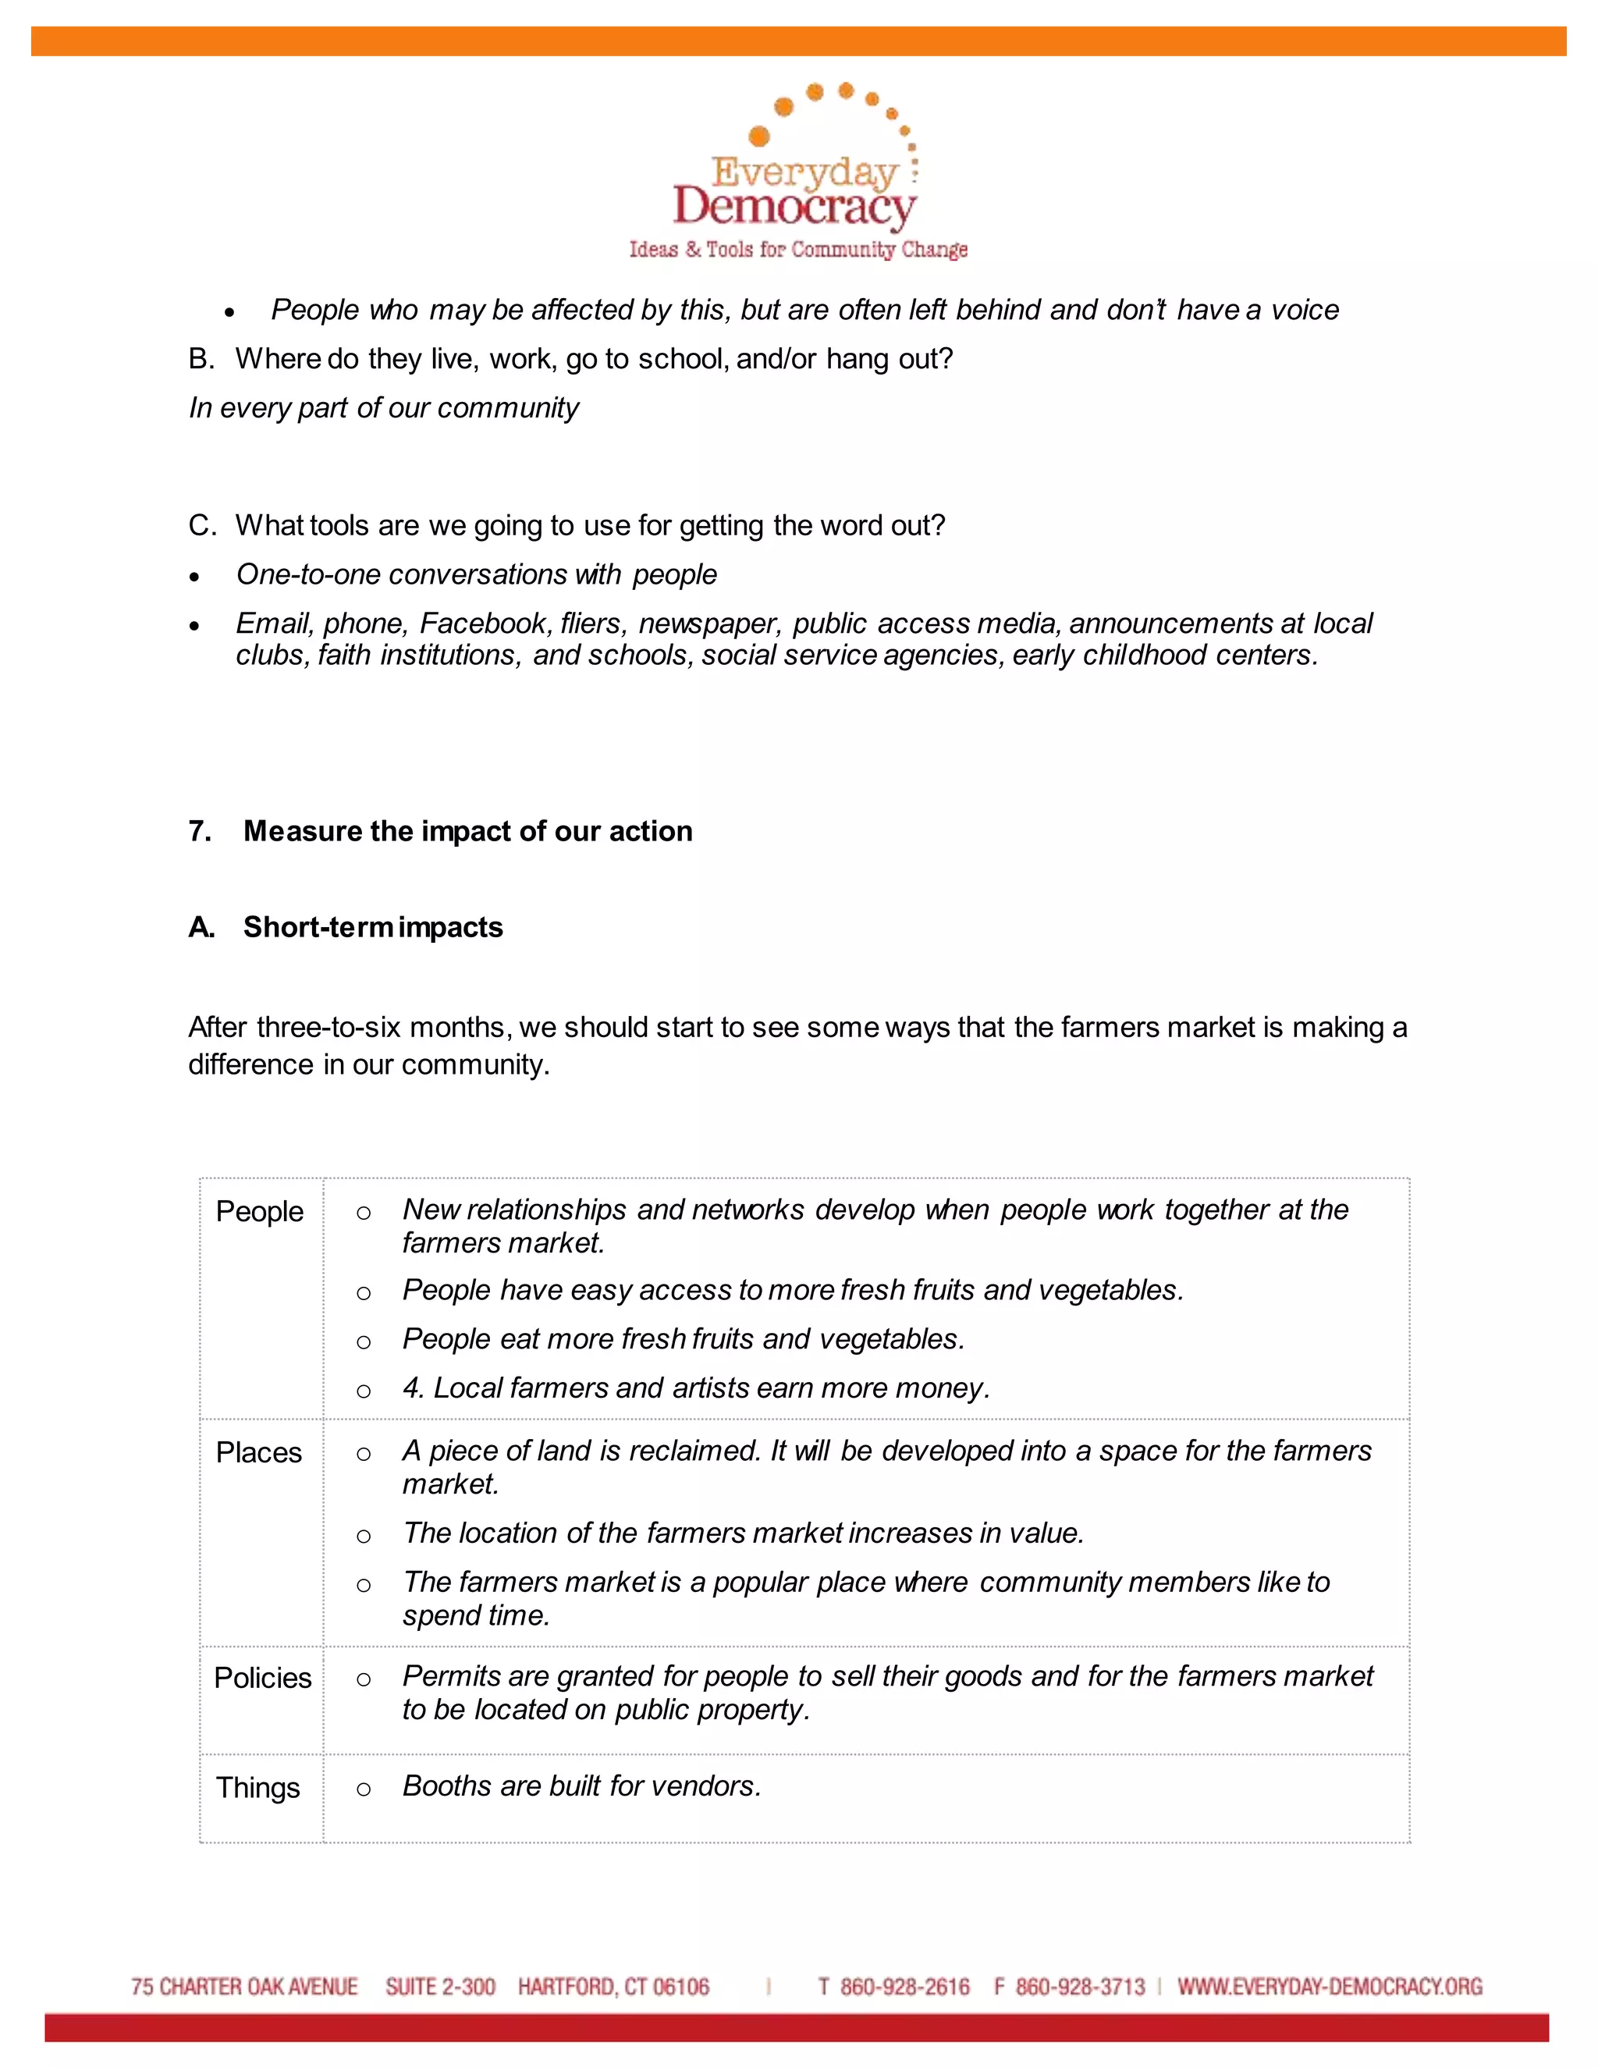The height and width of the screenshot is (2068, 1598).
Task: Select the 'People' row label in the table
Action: tap(259, 1211)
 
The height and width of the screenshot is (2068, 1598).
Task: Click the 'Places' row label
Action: tap(258, 1452)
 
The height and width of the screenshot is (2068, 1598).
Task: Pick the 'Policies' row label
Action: tap(262, 1677)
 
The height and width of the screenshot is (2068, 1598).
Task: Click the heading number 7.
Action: tap(199, 830)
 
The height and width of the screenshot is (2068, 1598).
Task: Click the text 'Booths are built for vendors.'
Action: tap(581, 1785)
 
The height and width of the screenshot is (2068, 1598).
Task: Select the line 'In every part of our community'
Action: tap(383, 407)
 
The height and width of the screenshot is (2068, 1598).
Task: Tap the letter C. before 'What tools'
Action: tap(201, 524)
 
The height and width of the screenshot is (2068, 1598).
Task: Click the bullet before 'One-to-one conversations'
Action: tap(194, 577)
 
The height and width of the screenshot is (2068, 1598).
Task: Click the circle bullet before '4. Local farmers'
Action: tap(364, 1390)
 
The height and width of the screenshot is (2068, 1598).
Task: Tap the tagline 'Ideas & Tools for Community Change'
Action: tap(798, 249)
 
